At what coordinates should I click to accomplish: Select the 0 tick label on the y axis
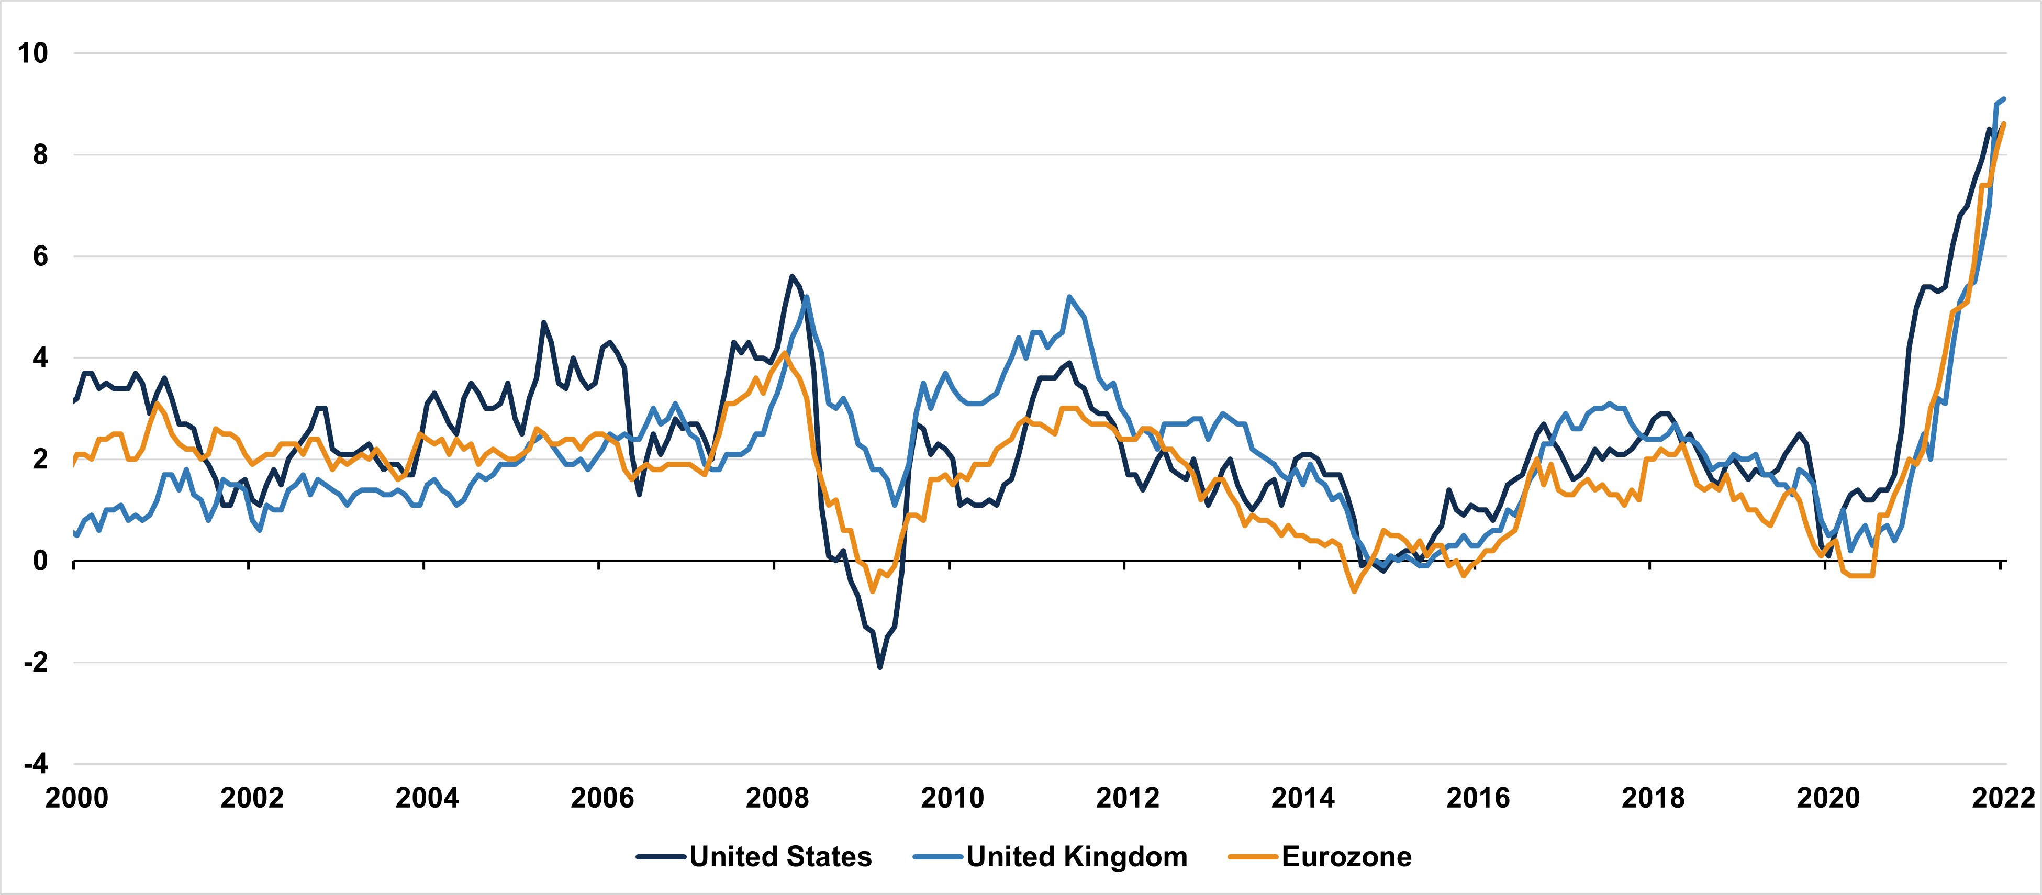coord(40,561)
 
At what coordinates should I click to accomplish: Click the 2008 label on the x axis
coord(777,798)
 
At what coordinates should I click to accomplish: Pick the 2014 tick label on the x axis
coord(1302,798)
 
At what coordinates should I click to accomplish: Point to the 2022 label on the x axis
coord(2002,798)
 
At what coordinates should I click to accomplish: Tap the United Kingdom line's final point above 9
coord(2004,98)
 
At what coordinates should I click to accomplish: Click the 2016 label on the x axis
coord(1478,798)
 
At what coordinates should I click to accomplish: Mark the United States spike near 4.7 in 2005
coord(544,322)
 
